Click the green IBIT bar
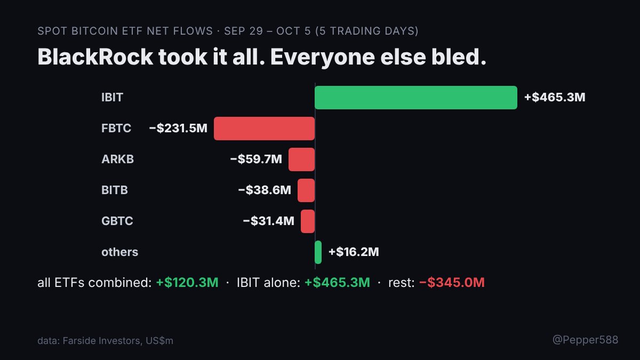pos(415,98)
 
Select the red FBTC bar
pos(265,129)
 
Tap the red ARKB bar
pos(301,159)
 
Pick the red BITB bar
pos(306,190)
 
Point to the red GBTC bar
pos(308,221)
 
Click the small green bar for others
pos(318,252)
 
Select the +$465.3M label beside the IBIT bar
pos(555,97)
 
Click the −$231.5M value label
pos(178,128)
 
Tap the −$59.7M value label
pos(256,159)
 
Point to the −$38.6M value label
pos(265,190)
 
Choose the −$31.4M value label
pos(269,221)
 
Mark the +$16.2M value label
pos(354,252)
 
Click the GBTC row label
pos(117,221)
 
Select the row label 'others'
pos(119,252)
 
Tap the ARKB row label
pos(117,159)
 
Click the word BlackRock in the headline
pos(95,57)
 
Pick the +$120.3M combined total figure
pos(187,282)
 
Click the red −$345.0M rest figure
pos(452,282)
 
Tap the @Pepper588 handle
pos(586,340)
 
